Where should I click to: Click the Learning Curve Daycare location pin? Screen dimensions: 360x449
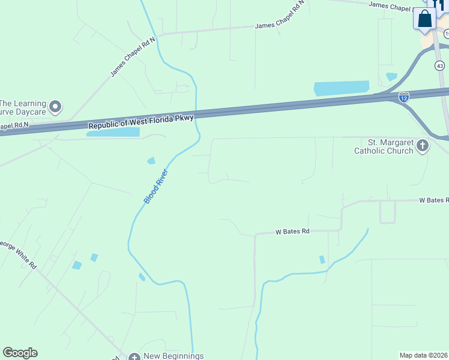point(56,107)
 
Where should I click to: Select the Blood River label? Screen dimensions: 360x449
point(156,187)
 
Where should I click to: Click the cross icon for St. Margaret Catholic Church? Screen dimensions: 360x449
point(423,145)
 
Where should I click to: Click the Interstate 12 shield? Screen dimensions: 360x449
point(404,97)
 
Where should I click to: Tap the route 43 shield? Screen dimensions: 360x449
point(441,65)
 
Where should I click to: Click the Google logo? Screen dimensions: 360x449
point(20,353)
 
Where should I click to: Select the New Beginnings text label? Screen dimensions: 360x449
point(174,356)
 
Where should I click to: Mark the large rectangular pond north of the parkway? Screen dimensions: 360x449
point(342,88)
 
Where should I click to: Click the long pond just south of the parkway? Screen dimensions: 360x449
point(113,132)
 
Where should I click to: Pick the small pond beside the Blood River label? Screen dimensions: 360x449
point(151,160)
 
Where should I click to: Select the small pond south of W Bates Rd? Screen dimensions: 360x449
point(322,260)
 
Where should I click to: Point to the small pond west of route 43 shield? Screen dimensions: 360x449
point(391,76)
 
